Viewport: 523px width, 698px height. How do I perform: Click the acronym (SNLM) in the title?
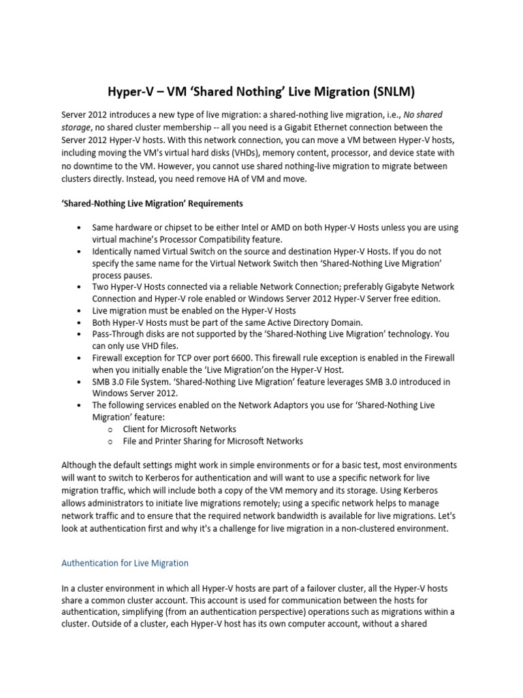394,91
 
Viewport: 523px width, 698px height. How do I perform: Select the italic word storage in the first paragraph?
76,127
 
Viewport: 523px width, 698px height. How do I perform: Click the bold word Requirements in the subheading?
214,204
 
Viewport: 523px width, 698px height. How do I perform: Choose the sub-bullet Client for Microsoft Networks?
179,429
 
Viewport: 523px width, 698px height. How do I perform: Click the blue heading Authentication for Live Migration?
125,564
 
